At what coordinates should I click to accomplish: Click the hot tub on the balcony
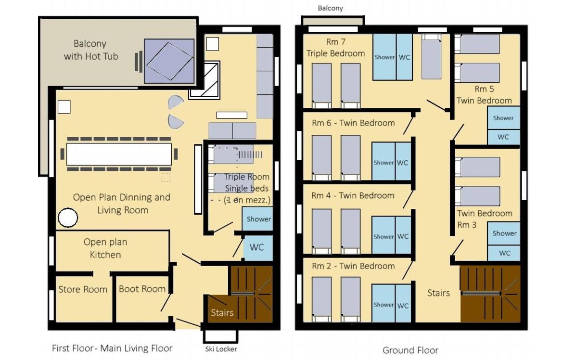coord(169,61)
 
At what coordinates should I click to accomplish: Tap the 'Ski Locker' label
coord(221,349)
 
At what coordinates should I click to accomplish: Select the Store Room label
coord(83,289)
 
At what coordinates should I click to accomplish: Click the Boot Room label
coord(142,289)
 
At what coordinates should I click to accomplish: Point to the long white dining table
coord(119,154)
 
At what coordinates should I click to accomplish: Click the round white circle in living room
coord(68,218)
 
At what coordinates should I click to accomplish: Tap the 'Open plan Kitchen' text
coord(105,248)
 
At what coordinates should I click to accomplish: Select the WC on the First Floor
coord(258,247)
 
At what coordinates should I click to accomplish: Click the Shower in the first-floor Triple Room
coord(258,219)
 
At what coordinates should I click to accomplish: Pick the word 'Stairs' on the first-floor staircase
coord(222,313)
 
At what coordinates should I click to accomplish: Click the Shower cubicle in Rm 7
coord(384,57)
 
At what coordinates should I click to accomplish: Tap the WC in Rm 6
coord(403,162)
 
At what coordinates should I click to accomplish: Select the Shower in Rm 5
coord(503,118)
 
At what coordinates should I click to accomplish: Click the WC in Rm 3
coord(504,253)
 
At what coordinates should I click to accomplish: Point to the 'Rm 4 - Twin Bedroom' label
coord(353,195)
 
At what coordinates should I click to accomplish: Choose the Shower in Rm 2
coord(384,304)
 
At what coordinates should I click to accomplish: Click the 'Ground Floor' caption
coord(410,350)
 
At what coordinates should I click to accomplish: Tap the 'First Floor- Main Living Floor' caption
coord(112,348)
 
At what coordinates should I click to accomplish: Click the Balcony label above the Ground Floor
coord(331,8)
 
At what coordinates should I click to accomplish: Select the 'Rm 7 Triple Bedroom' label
coord(335,48)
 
